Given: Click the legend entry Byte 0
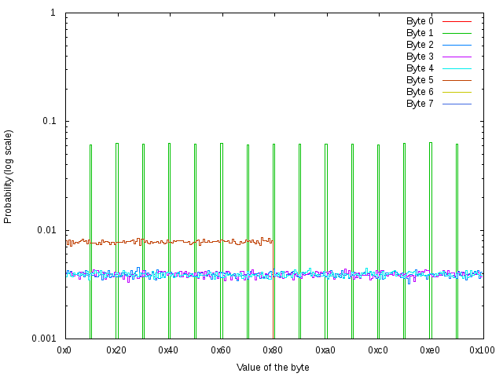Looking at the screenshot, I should (420, 21).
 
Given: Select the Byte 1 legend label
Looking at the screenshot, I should (420, 33).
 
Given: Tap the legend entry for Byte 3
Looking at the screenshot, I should (420, 57).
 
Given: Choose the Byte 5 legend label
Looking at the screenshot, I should (420, 80).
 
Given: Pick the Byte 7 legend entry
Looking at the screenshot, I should (420, 104).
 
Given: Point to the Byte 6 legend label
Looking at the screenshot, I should (420, 92).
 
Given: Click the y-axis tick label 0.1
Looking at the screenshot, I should (48, 122).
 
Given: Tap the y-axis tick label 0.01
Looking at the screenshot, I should (46, 230).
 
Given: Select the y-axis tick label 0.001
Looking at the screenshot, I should (42, 339).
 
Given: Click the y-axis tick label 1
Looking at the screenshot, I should (53, 13).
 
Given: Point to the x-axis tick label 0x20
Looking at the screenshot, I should (117, 350).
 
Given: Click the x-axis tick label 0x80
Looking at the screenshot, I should (274, 350).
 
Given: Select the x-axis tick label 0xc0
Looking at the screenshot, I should (378, 350).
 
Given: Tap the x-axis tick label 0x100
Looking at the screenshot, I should (483, 350).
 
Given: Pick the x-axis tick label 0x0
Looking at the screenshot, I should (65, 350).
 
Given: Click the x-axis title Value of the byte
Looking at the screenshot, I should (273, 368).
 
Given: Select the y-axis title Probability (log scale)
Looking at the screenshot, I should (9, 176).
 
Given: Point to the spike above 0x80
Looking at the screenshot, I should (274, 196).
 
